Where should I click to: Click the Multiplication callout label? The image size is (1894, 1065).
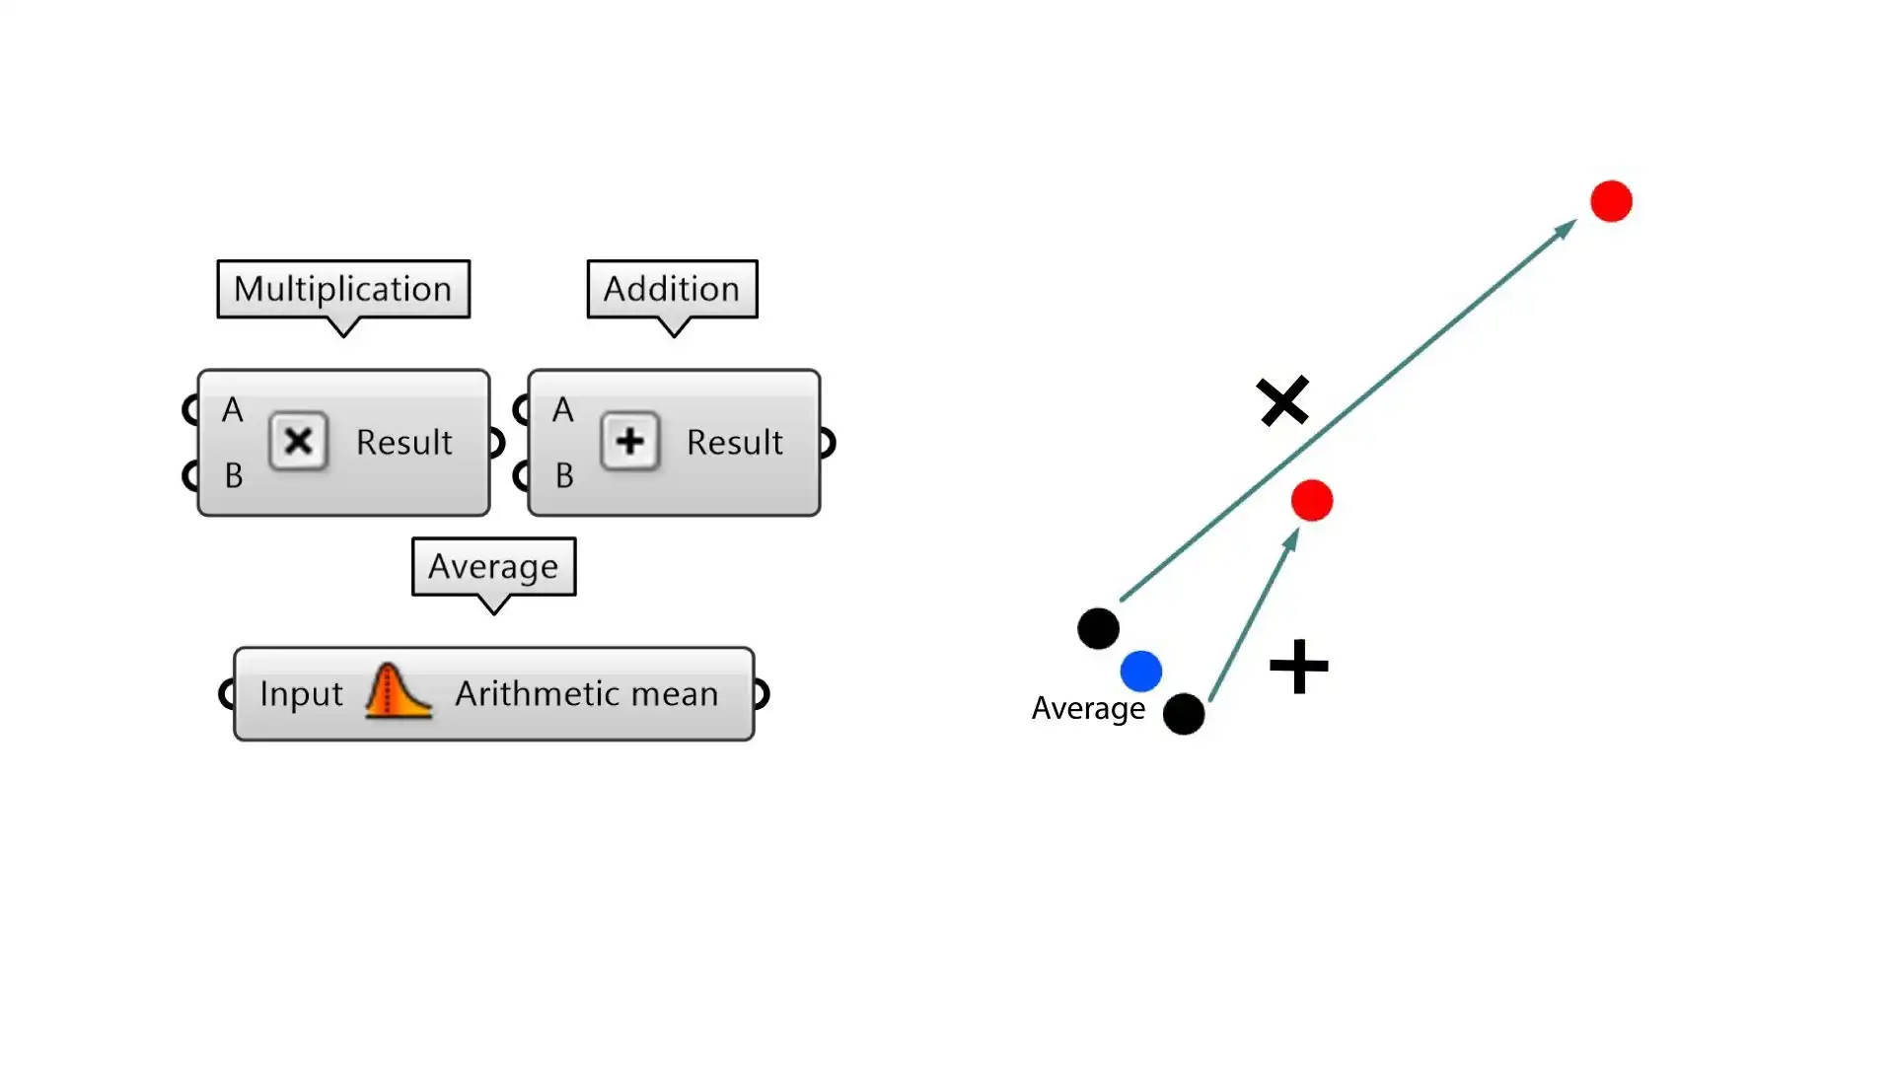[343, 289]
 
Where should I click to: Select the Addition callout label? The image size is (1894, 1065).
[672, 289]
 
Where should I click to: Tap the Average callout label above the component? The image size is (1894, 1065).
[493, 567]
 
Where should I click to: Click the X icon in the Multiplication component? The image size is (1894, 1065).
[298, 441]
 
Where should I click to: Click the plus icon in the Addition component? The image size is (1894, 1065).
[630, 441]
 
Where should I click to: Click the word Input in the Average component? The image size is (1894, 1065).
[301, 694]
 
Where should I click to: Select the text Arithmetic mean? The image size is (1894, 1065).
[586, 694]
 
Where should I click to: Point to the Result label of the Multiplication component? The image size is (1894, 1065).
[403, 443]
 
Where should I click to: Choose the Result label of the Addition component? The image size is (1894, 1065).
[734, 443]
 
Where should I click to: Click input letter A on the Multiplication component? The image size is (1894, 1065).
[233, 410]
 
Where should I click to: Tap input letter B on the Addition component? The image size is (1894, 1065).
[564, 476]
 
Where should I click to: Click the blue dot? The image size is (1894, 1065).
[1141, 672]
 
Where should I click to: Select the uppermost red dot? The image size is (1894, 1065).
[1611, 201]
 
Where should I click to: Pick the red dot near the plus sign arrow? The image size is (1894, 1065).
[1312, 501]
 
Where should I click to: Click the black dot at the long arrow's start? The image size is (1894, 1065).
[1098, 628]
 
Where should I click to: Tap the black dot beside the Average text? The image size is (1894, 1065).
[1184, 714]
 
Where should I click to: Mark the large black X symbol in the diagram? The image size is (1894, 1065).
[1282, 400]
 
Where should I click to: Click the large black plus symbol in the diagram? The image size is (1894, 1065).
[1298, 667]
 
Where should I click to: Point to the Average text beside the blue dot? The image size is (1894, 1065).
[1088, 709]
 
